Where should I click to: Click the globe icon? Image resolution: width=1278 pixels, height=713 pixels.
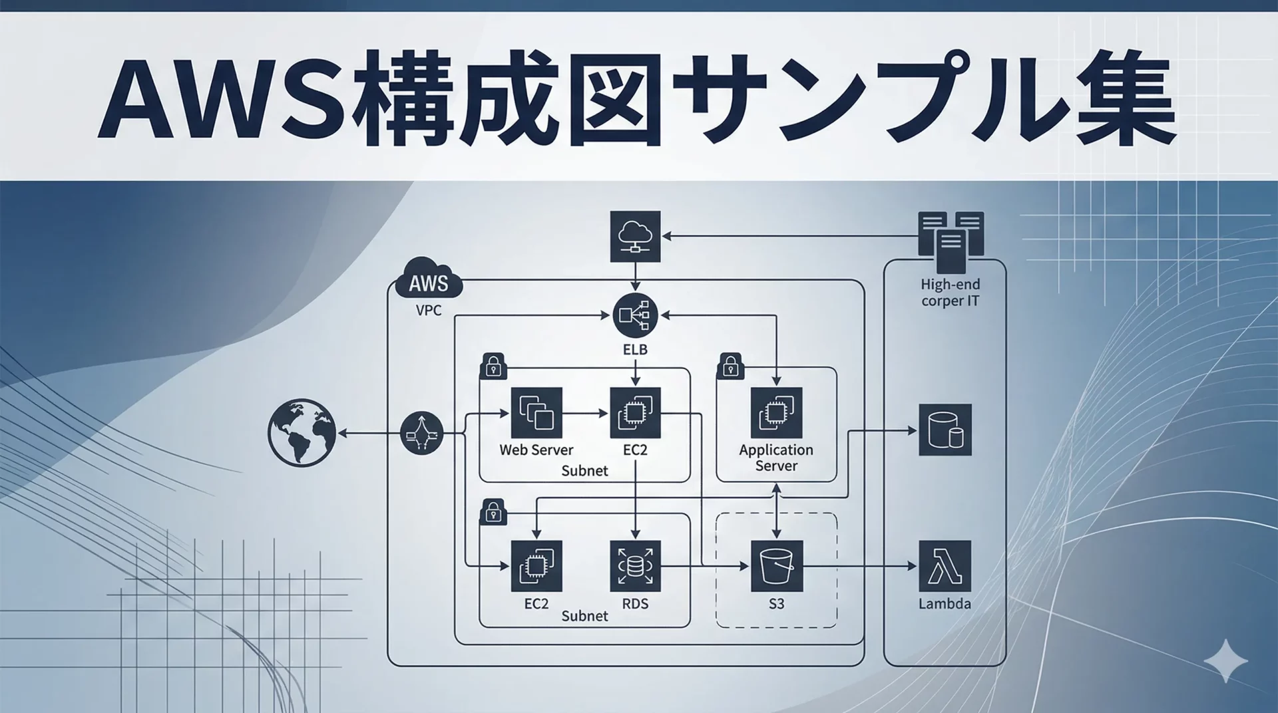click(x=302, y=432)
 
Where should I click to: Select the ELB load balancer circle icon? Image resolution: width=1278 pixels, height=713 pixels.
click(x=635, y=315)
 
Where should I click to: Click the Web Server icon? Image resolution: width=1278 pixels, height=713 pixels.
click(x=536, y=413)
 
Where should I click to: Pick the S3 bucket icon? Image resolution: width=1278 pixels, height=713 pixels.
click(x=776, y=566)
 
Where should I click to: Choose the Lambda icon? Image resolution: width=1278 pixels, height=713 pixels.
click(x=945, y=566)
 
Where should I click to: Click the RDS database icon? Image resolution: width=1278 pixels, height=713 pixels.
click(x=635, y=566)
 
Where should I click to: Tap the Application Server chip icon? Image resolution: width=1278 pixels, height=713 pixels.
click(x=776, y=413)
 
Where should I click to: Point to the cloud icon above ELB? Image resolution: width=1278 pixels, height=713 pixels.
click(x=635, y=236)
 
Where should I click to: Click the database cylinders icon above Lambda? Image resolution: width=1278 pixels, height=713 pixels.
click(x=945, y=430)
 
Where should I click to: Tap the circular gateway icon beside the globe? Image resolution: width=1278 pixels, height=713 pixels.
click(x=422, y=433)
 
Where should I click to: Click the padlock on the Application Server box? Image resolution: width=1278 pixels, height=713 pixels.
click(x=730, y=366)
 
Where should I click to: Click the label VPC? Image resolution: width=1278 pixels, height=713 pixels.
click(x=428, y=311)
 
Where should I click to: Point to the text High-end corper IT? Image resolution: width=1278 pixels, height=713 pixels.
click(x=950, y=293)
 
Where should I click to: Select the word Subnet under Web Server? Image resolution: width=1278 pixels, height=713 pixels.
click(x=584, y=471)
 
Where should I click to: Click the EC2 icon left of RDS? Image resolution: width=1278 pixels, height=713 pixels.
click(x=536, y=566)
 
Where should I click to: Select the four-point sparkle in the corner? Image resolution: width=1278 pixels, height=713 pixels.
click(x=1225, y=661)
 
